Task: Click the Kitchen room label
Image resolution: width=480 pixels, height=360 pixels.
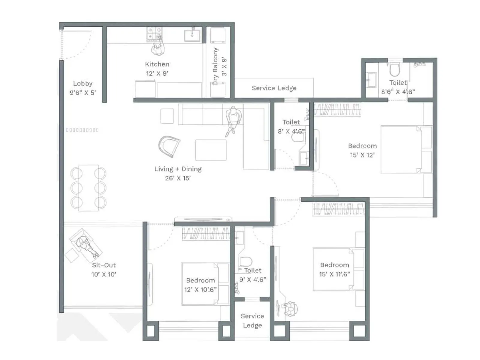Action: tap(157, 64)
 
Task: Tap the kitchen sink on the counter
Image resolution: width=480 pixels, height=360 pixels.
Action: tap(192, 35)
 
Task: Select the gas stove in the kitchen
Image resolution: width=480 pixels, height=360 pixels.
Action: tap(154, 34)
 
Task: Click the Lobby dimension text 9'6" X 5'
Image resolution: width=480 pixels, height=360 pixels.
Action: tap(83, 93)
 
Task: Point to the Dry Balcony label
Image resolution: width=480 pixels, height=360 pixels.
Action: tap(215, 66)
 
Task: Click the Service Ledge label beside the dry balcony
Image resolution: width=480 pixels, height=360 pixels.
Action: tap(274, 88)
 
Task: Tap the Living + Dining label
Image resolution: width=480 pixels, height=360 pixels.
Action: tap(178, 169)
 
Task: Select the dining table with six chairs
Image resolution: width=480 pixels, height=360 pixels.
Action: tap(88, 188)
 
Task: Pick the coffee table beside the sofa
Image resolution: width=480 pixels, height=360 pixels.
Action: tap(211, 150)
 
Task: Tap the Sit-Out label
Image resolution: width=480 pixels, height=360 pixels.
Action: tap(104, 265)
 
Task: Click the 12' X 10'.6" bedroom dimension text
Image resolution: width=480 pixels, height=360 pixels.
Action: tap(200, 289)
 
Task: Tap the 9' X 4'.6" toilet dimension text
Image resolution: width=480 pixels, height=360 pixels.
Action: tap(253, 280)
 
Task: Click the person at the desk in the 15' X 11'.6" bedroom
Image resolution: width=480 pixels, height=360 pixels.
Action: tap(290, 308)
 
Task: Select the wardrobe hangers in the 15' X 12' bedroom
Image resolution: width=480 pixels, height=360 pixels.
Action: tap(337, 110)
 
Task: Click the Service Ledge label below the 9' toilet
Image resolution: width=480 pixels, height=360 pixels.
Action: tap(252, 320)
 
